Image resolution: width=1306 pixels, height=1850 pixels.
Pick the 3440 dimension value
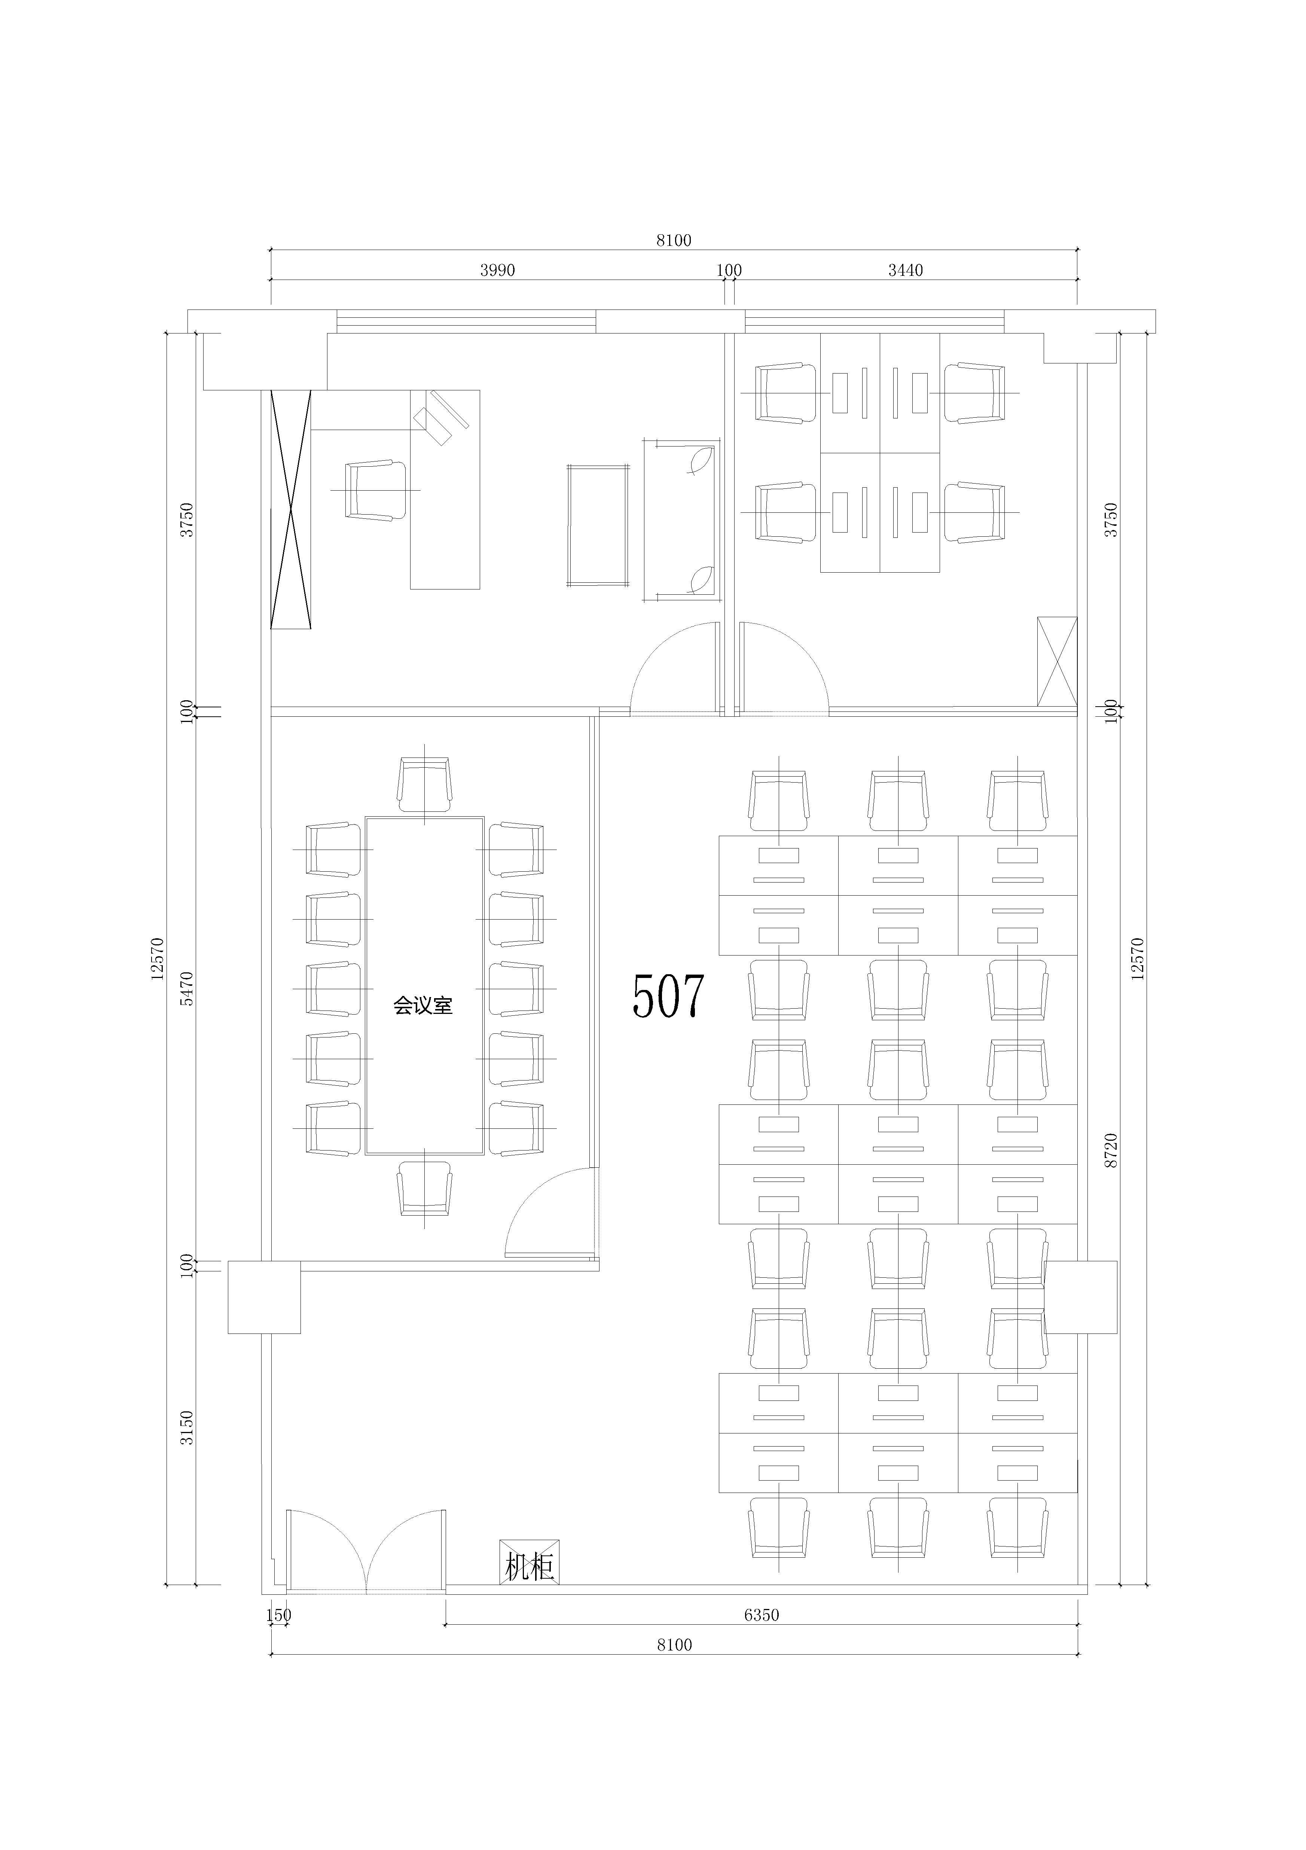[906, 270]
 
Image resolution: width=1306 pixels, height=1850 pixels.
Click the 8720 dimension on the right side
[1112, 1150]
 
